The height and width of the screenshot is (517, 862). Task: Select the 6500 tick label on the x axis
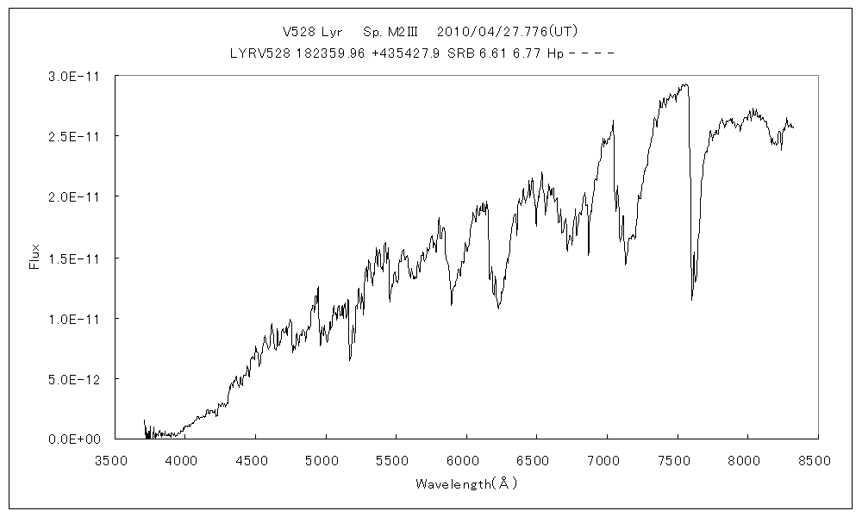(536, 461)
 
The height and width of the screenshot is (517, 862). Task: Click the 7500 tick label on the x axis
(677, 461)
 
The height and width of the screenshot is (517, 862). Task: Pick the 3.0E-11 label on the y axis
(75, 77)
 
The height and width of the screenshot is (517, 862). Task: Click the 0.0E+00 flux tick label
(75, 439)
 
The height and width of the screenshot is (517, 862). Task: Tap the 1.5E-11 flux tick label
(75, 258)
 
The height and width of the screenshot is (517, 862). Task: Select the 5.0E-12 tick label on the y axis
(75, 379)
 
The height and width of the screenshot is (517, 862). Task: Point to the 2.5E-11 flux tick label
(75, 137)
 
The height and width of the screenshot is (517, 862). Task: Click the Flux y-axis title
(35, 258)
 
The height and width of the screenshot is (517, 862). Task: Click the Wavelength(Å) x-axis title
(465, 483)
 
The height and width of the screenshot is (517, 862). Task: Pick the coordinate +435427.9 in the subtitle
(405, 53)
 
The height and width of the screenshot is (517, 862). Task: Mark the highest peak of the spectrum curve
(685, 84)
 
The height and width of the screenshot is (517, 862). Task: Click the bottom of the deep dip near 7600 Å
(691, 299)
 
